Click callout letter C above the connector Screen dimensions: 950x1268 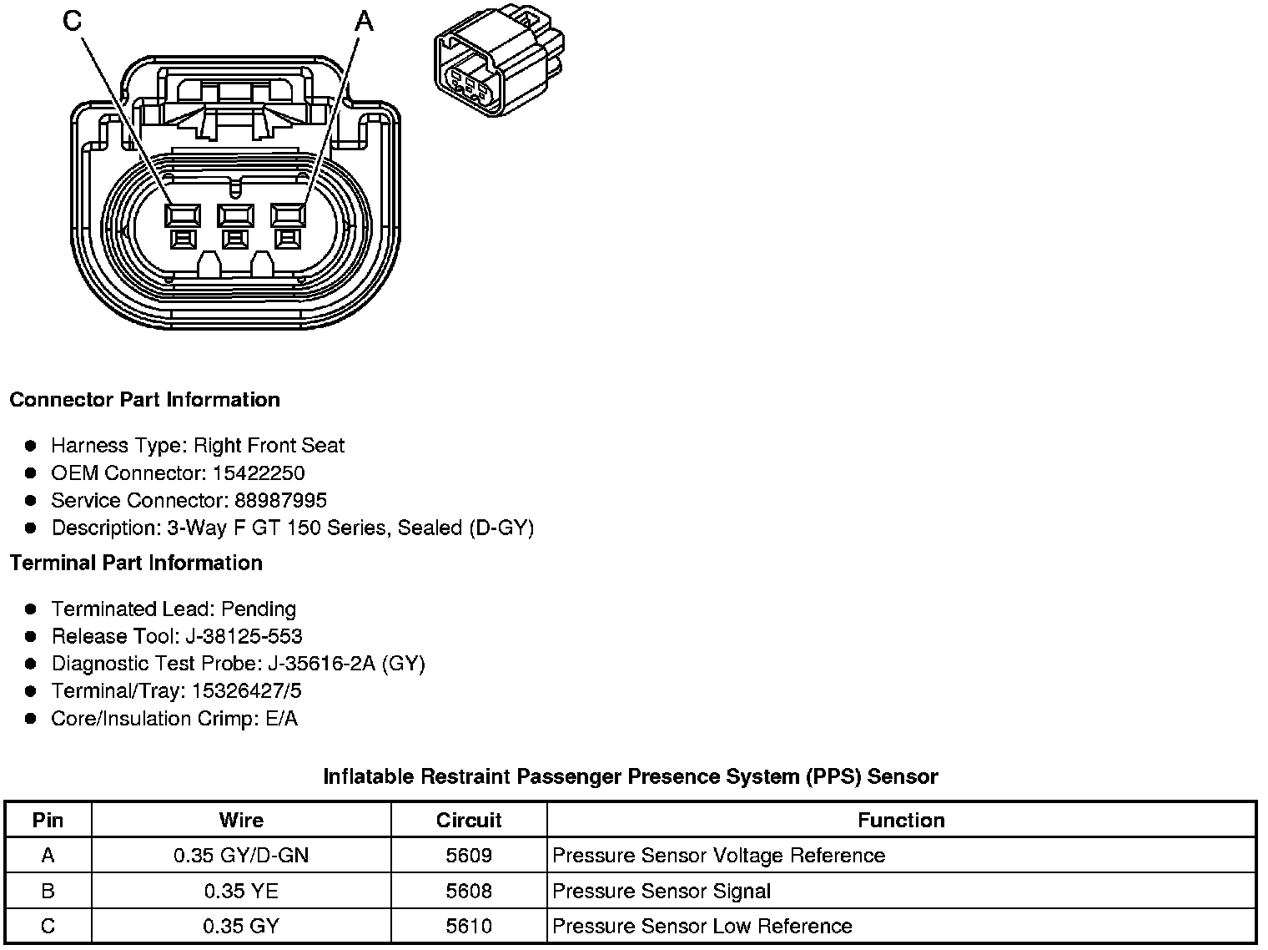coord(73,21)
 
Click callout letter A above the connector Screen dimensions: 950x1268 coord(365,21)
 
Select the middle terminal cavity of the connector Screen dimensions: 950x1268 coord(234,216)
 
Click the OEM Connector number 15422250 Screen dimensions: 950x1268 coord(259,473)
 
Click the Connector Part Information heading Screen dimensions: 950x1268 coord(144,400)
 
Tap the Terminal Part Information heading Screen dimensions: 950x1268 coord(136,563)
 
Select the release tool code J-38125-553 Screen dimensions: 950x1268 coord(244,637)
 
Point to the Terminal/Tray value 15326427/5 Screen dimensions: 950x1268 coord(247,692)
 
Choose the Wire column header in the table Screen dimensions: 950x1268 coord(241,821)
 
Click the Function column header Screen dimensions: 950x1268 coord(901,821)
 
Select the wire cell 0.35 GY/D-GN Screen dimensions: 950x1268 coord(241,856)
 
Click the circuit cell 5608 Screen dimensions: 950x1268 coord(469,892)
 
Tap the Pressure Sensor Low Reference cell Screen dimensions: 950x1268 coord(702,927)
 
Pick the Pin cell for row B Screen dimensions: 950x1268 coord(48,892)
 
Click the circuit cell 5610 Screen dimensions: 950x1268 coord(469,927)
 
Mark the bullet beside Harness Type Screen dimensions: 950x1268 coord(31,446)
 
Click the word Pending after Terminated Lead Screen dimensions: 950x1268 coord(259,609)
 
